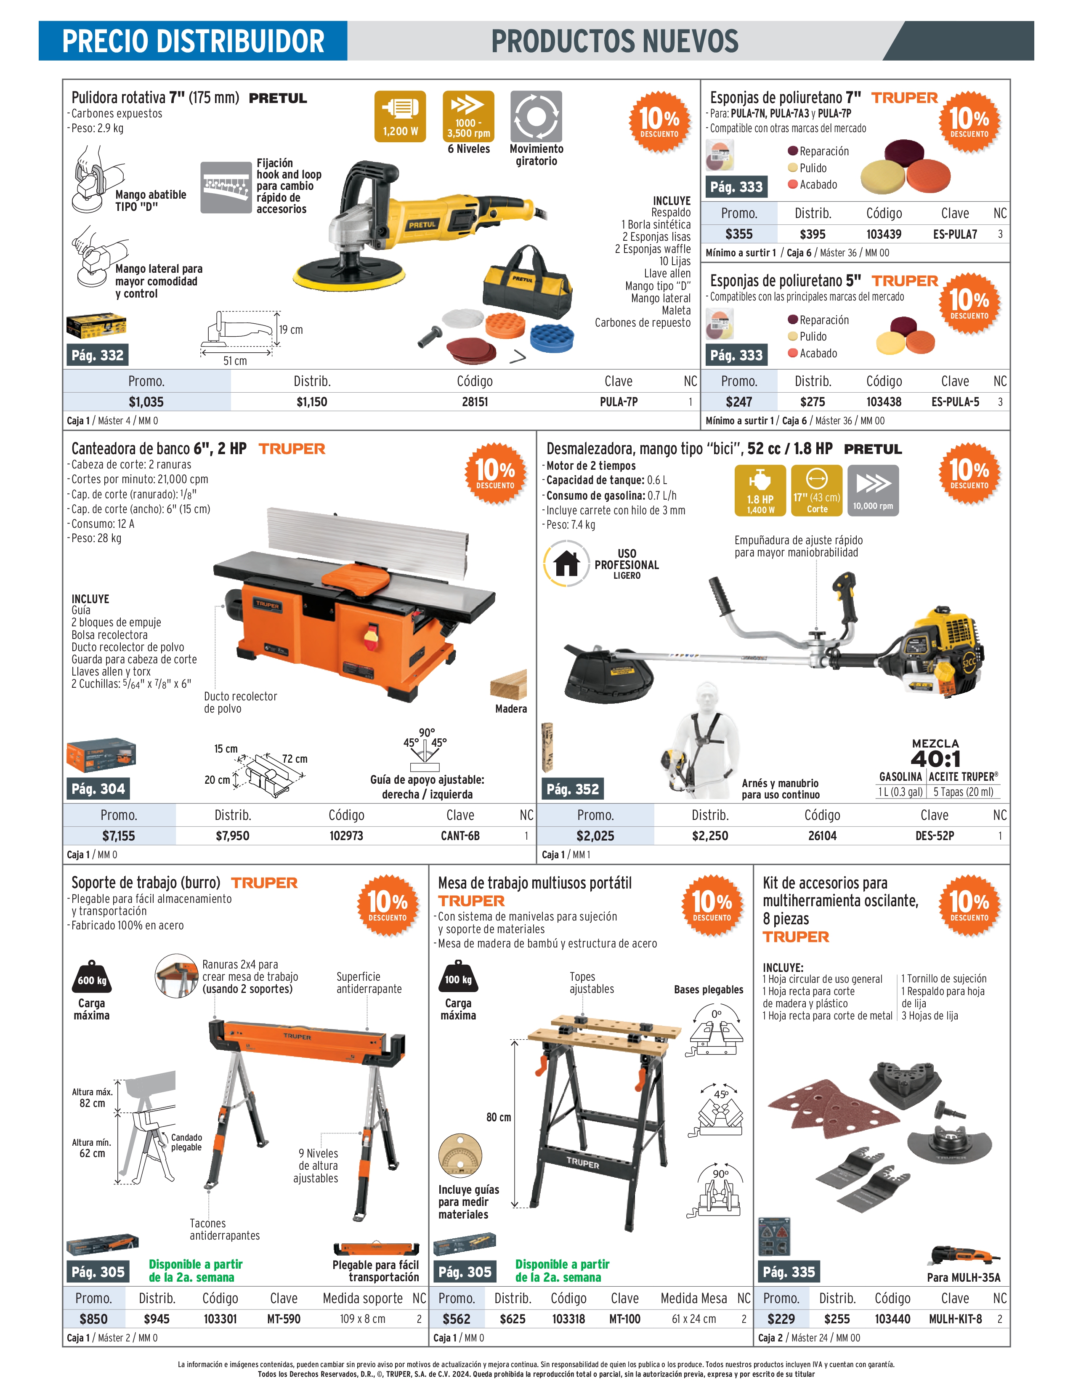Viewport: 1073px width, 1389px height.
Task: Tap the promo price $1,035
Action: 146,402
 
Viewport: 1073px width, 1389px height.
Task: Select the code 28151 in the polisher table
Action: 475,402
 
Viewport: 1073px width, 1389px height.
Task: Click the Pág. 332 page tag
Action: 97,355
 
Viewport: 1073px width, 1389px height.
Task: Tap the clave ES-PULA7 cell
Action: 955,234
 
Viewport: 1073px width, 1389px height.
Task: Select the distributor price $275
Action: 813,402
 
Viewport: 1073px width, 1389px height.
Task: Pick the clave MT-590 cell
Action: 284,1319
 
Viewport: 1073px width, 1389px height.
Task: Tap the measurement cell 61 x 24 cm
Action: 693,1319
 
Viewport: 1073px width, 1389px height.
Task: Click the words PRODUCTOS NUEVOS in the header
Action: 615,41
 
